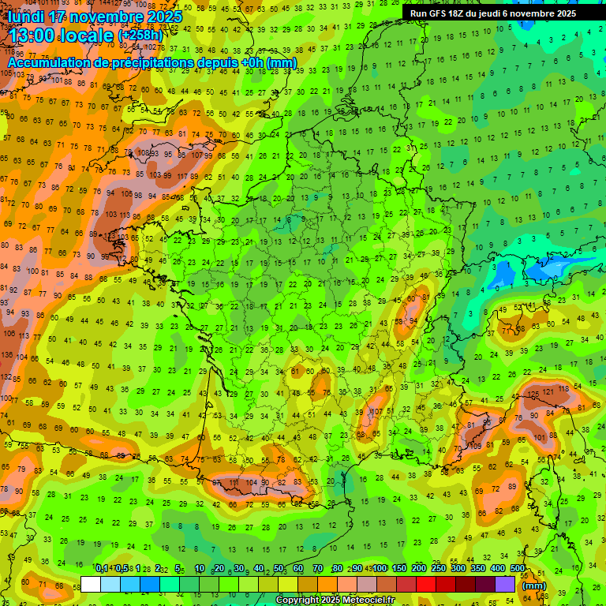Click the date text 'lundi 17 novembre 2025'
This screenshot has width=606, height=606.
(x=95, y=17)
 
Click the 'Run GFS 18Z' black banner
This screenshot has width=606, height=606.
(x=493, y=13)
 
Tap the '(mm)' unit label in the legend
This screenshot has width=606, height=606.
(x=534, y=585)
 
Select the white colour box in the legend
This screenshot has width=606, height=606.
(x=91, y=585)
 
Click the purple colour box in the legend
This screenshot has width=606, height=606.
(x=505, y=585)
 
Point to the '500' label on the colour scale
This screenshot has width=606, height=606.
(x=518, y=568)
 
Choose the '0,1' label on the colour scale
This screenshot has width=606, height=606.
(x=102, y=568)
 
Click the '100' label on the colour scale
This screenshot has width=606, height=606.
(x=379, y=568)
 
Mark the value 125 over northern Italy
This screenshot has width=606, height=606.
(x=534, y=394)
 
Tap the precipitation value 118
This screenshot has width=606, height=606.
(x=563, y=389)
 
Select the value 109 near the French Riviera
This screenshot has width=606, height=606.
(x=476, y=447)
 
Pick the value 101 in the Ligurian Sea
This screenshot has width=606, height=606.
(x=541, y=437)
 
